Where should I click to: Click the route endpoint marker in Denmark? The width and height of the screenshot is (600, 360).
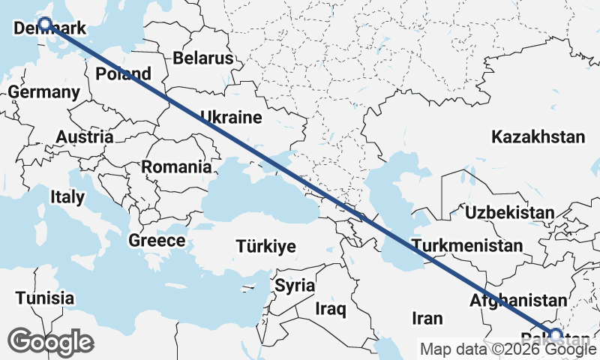pos(45,24)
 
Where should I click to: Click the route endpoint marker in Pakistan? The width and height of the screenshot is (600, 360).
pos(556,334)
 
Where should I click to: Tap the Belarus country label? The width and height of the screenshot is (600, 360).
pos(202,58)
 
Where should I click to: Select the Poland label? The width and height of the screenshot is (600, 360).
pos(124,74)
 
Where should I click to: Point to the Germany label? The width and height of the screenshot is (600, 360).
pos(44,92)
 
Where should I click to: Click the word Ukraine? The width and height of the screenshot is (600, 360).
pos(230,117)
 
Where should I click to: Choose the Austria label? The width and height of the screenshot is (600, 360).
pos(85,137)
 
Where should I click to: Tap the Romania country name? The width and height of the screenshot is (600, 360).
pos(176,166)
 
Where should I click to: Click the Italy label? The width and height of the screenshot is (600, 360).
pos(67,196)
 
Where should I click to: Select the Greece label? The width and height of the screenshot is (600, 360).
pos(157,241)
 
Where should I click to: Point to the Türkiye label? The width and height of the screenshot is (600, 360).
pos(265,246)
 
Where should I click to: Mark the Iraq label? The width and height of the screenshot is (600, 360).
pos(329,308)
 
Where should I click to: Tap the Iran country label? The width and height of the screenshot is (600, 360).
pos(427,317)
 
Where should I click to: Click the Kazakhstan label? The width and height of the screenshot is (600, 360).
pos(538,136)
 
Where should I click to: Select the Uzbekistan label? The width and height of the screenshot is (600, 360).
pos(509,212)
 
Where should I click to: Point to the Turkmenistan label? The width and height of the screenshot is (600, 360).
pos(466,245)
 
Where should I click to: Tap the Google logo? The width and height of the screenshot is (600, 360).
pos(50,342)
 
